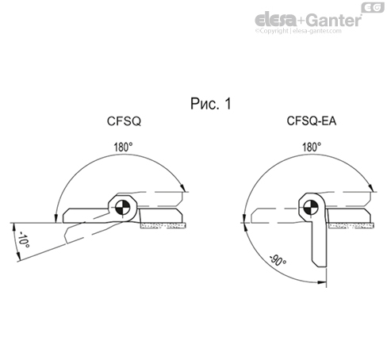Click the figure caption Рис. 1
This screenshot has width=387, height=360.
[x=212, y=104]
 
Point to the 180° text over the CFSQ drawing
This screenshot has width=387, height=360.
[x=123, y=147]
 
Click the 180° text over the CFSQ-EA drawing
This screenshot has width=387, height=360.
[x=311, y=147]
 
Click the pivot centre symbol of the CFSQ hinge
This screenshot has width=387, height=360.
[x=123, y=209]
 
